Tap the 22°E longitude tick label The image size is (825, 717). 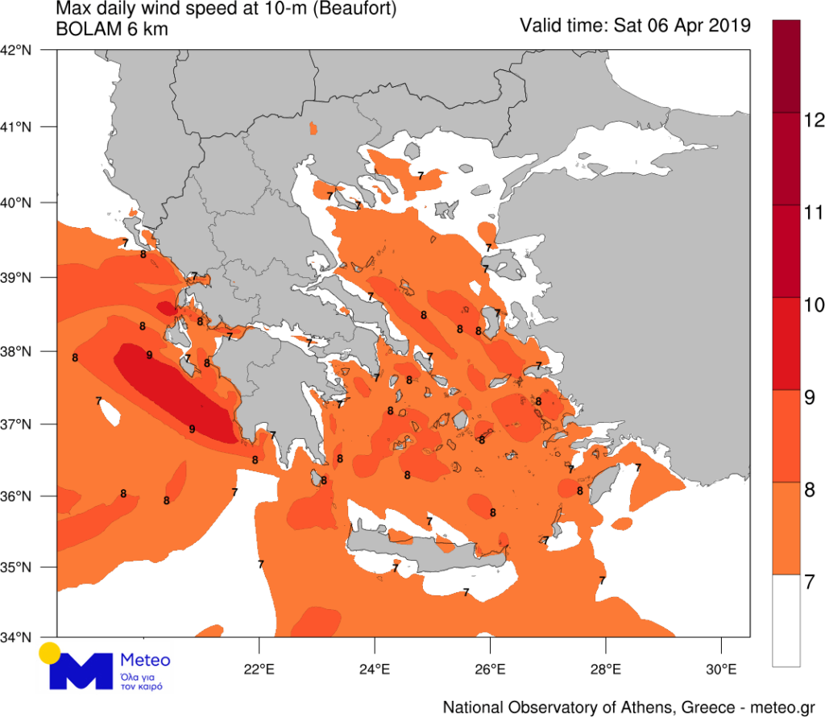[x=259, y=668]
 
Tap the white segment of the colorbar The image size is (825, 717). [x=786, y=620]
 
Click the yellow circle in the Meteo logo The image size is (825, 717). [x=50, y=652]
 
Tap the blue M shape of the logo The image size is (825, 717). [x=79, y=672]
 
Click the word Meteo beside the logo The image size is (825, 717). [x=145, y=660]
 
